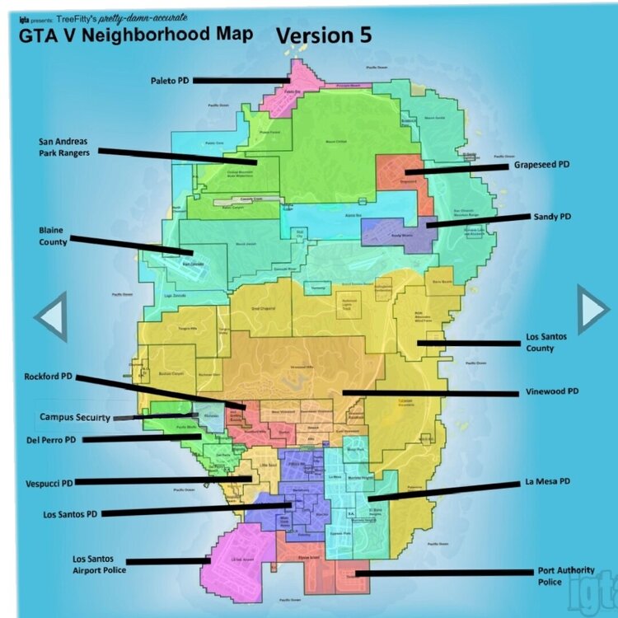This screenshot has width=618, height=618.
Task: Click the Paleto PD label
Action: coord(169,81)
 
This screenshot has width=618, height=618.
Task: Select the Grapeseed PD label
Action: coord(542,165)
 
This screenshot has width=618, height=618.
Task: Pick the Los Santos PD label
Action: coord(69,514)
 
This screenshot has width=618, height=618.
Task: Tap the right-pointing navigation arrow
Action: coord(592,309)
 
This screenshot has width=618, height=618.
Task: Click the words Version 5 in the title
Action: coord(323,35)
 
